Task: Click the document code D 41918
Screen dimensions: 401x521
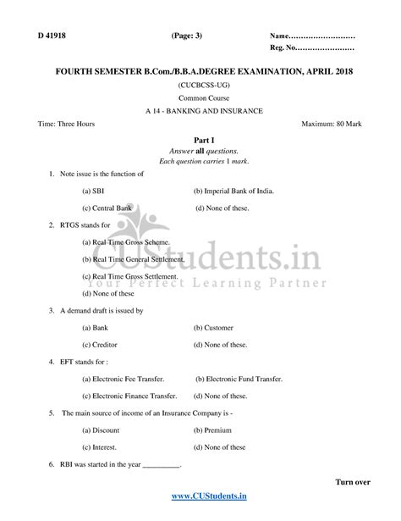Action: (51, 36)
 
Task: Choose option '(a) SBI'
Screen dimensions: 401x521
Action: (93, 191)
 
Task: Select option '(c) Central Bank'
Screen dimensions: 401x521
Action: (107, 208)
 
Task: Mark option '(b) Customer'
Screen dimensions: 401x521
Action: (211, 327)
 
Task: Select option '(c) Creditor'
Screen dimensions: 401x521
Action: (102, 344)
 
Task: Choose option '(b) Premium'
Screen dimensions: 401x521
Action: (211, 430)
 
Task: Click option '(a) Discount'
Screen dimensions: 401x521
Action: (101, 430)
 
